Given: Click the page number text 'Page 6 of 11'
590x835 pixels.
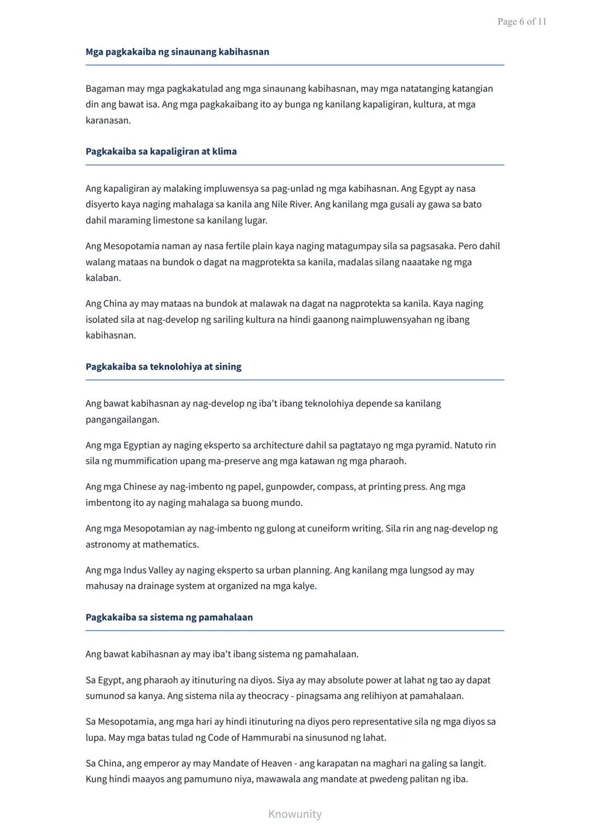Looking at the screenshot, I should click(x=522, y=22).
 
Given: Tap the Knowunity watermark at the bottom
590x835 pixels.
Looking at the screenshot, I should click(x=294, y=814).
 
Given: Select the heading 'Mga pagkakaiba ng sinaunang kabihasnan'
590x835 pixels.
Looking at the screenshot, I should click(x=177, y=52).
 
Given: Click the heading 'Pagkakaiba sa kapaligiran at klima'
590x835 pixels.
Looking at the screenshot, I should click(x=161, y=151).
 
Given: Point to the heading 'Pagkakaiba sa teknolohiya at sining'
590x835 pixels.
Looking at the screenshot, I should click(x=163, y=366).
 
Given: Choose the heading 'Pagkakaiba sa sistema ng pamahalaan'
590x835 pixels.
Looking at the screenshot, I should click(x=169, y=617).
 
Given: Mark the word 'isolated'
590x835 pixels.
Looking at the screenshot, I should click(x=102, y=319).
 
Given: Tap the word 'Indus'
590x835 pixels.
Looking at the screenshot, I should click(x=135, y=570).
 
